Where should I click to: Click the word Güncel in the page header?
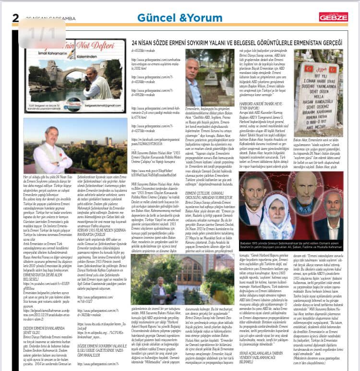coord(155,18)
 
